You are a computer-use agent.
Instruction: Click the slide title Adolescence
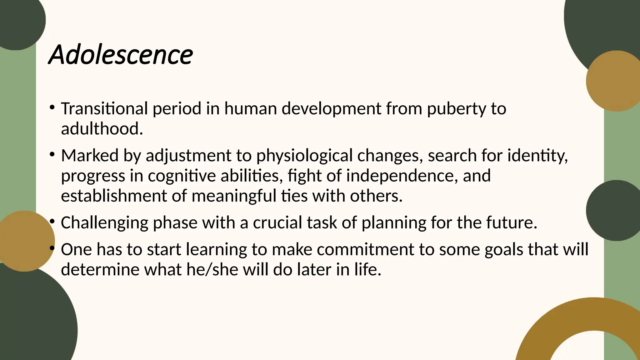[x=121, y=55]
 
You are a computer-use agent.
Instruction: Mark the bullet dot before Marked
[x=52, y=154]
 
